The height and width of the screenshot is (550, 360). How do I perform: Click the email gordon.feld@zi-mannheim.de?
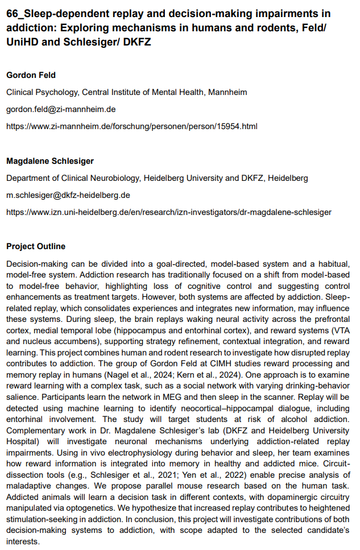pyautogui.click(x=60, y=109)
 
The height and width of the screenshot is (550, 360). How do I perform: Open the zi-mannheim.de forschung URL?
pyautogui.click(x=131, y=126)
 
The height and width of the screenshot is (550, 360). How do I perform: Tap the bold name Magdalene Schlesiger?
pyautogui.click(x=50, y=161)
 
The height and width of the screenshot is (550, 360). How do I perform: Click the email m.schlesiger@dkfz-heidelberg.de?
pyautogui.click(x=68, y=195)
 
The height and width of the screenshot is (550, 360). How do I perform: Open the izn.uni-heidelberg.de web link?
pyautogui.click(x=168, y=212)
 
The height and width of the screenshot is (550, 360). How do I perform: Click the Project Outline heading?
pyautogui.click(x=35, y=247)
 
